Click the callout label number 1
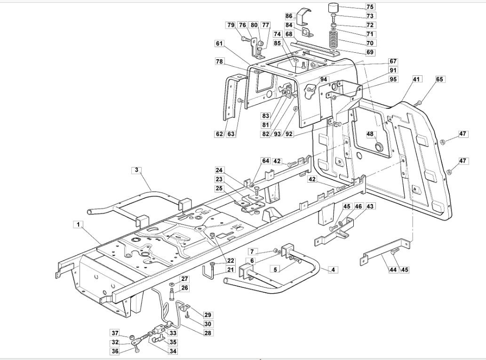coord(79,224)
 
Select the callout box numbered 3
coord(136,170)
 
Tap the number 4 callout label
coord(333,270)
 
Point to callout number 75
coord(370,7)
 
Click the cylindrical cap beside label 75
coord(334,8)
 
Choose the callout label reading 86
coord(289,16)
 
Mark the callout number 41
coord(416,79)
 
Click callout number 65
coord(439,79)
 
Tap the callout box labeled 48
coord(370,134)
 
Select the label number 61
coord(219,43)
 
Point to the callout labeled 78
coord(219,61)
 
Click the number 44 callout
coord(393,270)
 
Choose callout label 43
coord(370,206)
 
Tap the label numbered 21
coord(230,270)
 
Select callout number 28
coord(207,333)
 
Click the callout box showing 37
coord(115,333)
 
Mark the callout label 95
coord(393,79)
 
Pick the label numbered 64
coord(266,160)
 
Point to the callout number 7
coord(252,251)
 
